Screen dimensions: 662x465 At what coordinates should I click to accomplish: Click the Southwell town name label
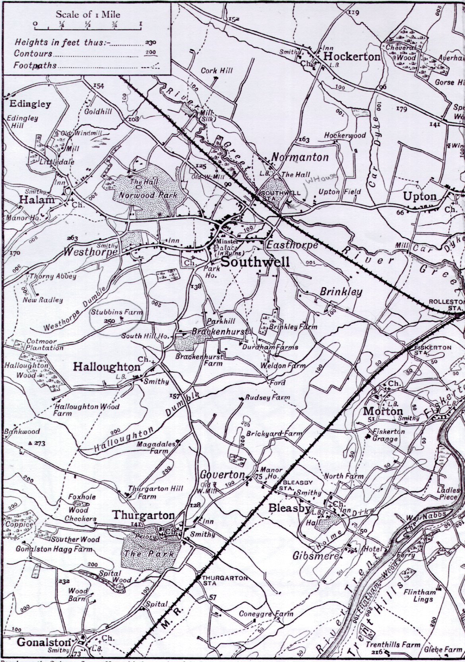pyautogui.click(x=255, y=262)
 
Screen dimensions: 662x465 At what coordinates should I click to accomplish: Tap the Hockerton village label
pyautogui.click(x=351, y=56)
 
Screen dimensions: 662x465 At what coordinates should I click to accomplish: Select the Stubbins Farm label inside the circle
pyautogui.click(x=116, y=312)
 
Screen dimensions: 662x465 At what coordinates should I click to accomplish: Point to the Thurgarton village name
pyautogui.click(x=143, y=515)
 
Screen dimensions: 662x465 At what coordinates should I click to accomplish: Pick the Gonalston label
pyautogui.click(x=44, y=642)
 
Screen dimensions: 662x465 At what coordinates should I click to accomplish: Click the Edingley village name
pyautogui.click(x=30, y=104)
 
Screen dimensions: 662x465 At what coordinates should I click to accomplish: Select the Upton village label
pyautogui.click(x=420, y=196)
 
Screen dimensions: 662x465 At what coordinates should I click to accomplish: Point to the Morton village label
pyautogui.click(x=383, y=411)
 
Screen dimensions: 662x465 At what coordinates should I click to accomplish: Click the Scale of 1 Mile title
pyautogui.click(x=87, y=14)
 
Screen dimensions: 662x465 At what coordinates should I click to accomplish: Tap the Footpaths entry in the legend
pyautogui.click(x=35, y=65)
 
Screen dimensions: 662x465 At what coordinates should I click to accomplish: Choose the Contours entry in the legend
pyautogui.click(x=33, y=53)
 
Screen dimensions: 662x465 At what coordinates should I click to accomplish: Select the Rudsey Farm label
pyautogui.click(x=267, y=397)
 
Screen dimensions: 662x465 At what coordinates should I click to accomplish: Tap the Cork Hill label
pyautogui.click(x=217, y=71)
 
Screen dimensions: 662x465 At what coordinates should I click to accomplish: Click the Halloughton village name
pyautogui.click(x=107, y=367)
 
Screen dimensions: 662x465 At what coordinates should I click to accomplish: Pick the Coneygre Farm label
pyautogui.click(x=265, y=614)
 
